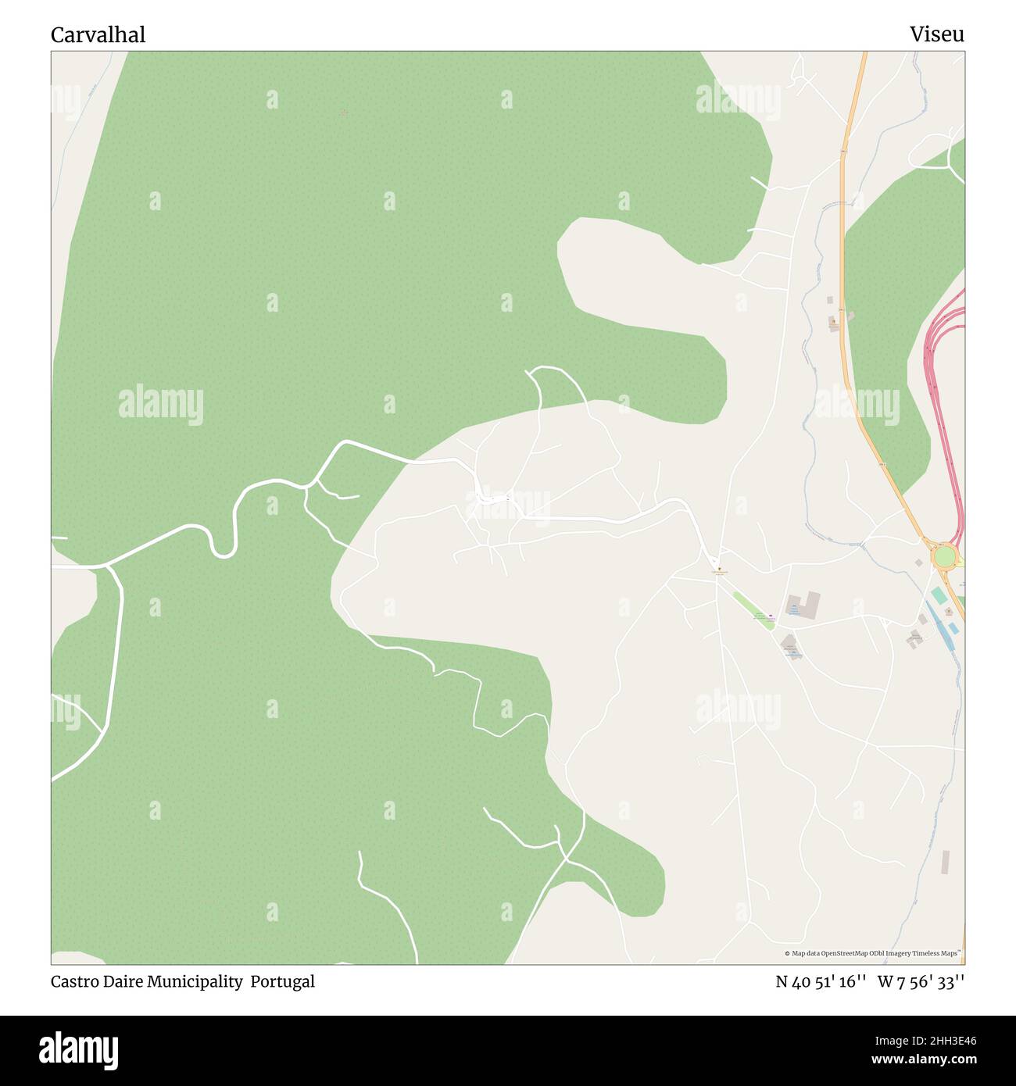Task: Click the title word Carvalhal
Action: pyautogui.click(x=98, y=34)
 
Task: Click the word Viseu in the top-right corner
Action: pyautogui.click(x=936, y=34)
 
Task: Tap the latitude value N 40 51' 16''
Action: pyautogui.click(x=821, y=981)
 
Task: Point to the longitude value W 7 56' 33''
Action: pyautogui.click(x=921, y=981)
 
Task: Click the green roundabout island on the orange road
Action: pyautogui.click(x=944, y=556)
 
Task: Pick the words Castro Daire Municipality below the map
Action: pyautogui.click(x=147, y=981)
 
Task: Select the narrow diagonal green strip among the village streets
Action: pyautogui.click(x=753, y=610)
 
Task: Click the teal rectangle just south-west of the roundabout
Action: pyautogui.click(x=938, y=595)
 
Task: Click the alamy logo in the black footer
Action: pyautogui.click(x=78, y=1049)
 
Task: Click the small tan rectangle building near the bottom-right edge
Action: pyautogui.click(x=945, y=862)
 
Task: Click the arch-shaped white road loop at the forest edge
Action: pyautogui.click(x=556, y=383)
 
